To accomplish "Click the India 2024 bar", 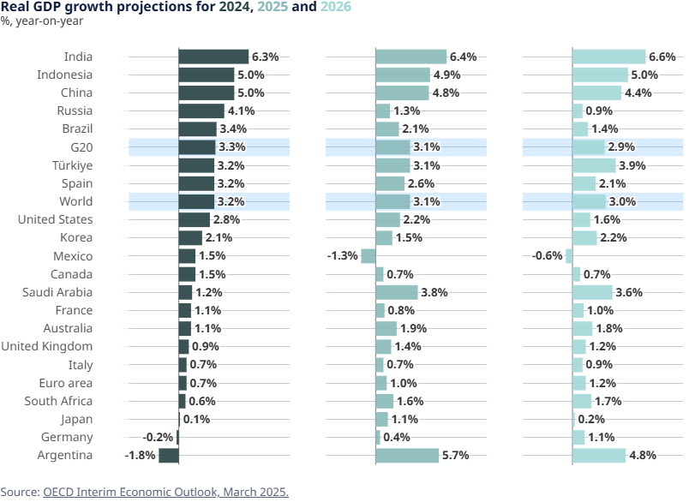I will pyautogui.click(x=213, y=57).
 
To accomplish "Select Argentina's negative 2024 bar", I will pyautogui.click(x=169, y=455).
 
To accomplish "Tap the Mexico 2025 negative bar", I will pyautogui.click(x=368, y=255).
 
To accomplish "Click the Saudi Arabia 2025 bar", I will pyautogui.click(x=396, y=292).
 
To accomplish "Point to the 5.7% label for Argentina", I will pyautogui.click(x=455, y=455).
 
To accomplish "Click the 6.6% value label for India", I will pyautogui.click(x=662, y=57).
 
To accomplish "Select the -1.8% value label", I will pyautogui.click(x=141, y=455).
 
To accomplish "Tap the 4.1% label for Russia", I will pyautogui.click(x=241, y=111).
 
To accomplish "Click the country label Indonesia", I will pyautogui.click(x=65, y=75).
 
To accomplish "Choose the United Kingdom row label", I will pyautogui.click(x=47, y=346).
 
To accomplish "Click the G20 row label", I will pyautogui.click(x=82, y=147).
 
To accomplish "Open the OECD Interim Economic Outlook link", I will pyautogui.click(x=165, y=492).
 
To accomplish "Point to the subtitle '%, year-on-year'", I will pyautogui.click(x=35, y=21).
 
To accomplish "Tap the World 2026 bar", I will pyautogui.click(x=589, y=201).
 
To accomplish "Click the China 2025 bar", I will pyautogui.click(x=402, y=93).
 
